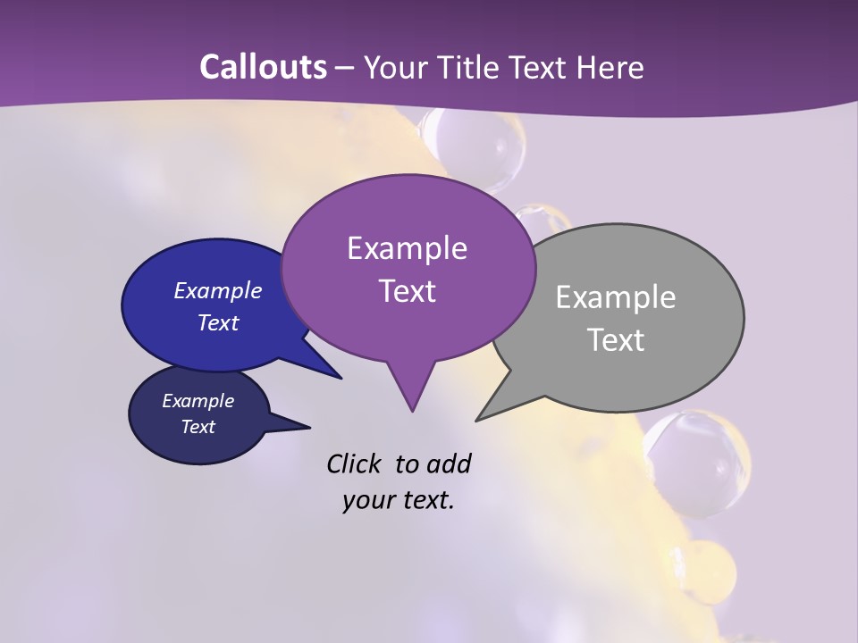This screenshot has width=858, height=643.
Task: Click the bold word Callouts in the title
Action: point(263,67)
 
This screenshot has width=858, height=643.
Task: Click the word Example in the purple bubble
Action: point(407,248)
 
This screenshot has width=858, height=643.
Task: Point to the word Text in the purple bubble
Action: point(408,291)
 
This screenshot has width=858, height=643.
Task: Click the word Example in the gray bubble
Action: point(616,297)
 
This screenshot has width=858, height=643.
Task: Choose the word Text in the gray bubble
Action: point(617,340)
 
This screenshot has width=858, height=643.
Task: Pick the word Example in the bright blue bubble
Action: point(218,290)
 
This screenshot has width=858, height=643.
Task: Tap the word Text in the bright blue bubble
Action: point(218,322)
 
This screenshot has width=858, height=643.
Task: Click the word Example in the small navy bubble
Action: point(198,401)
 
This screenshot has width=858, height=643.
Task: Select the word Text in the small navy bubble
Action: point(198,427)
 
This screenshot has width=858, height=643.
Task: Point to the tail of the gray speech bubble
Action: point(487,413)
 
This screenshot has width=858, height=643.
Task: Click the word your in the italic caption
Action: point(367,500)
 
